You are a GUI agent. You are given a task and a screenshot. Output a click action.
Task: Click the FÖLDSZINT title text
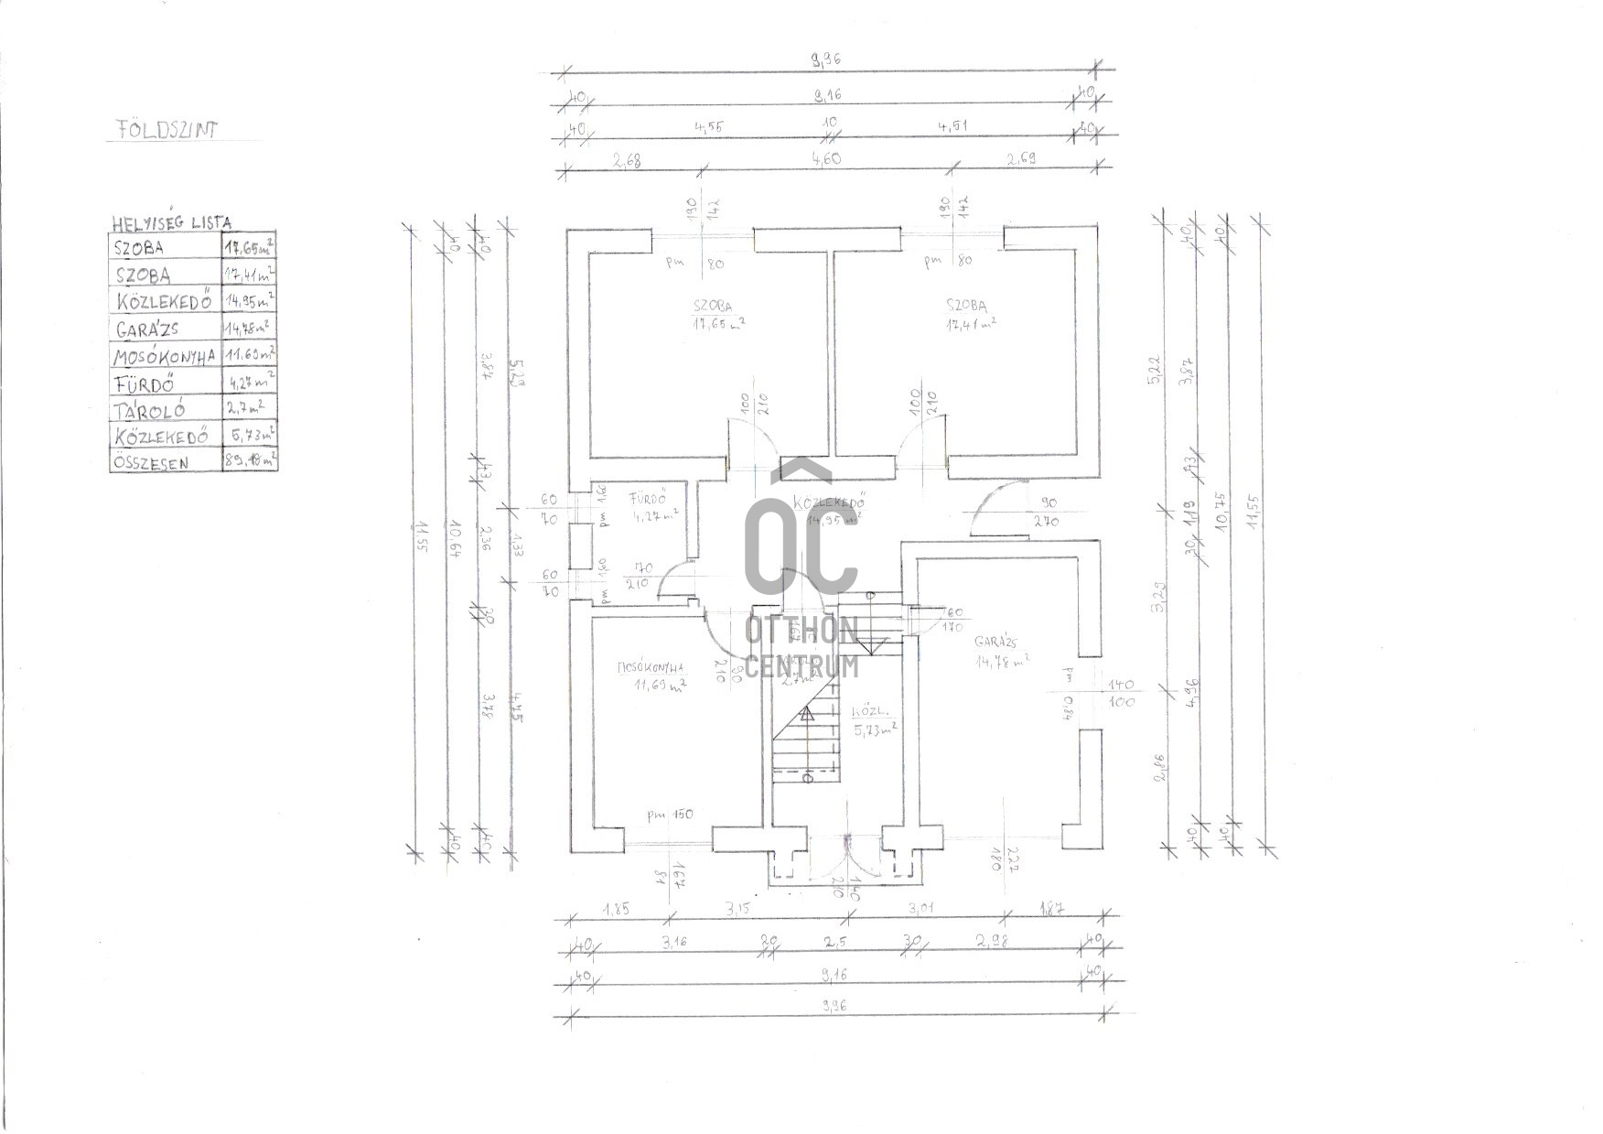167,129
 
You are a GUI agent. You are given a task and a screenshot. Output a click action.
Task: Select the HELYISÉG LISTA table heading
171,222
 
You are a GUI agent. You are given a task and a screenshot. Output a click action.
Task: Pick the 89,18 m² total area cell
250,461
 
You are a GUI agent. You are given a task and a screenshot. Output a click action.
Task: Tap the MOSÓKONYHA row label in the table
165,355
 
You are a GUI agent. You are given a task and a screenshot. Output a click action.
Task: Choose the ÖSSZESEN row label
151,462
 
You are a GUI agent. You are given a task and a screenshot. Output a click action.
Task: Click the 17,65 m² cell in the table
249,246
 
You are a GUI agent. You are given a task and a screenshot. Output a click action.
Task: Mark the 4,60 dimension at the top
826,159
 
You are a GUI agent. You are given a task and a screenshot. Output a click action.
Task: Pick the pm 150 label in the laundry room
670,814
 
